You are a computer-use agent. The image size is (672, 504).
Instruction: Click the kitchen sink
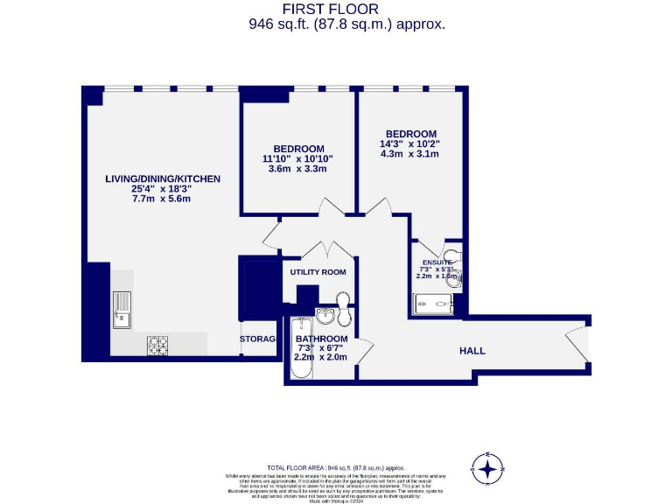pos(121,311)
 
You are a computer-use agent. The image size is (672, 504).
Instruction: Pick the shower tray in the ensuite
pos(433,304)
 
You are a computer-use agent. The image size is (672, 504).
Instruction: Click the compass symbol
pos(487,470)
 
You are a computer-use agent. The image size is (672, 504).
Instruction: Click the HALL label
pos(472,351)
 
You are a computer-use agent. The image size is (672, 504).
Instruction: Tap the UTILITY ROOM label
pos(318,272)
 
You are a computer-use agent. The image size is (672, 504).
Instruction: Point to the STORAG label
pos(258,339)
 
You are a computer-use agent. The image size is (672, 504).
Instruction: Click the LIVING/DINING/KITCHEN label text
pos(163,178)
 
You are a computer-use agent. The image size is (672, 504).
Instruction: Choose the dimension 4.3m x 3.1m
pos(409,154)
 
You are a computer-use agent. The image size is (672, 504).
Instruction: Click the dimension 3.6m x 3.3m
pos(297,169)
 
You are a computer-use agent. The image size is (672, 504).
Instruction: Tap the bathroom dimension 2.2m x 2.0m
pos(320,357)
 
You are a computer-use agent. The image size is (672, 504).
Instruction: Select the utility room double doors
pos(318,248)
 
